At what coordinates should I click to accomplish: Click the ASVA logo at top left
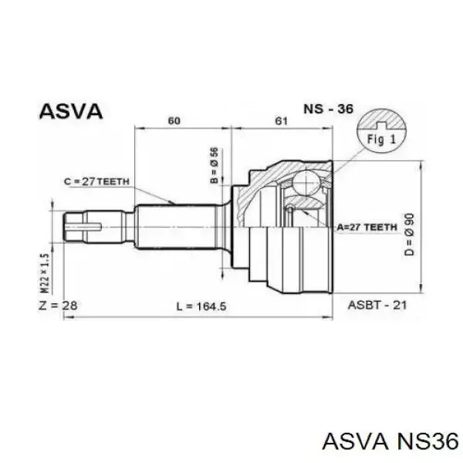[71, 112]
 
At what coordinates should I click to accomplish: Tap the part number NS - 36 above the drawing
[329, 110]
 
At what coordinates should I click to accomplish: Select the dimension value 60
[174, 121]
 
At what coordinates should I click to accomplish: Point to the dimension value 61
[281, 121]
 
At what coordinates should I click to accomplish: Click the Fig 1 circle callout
[381, 131]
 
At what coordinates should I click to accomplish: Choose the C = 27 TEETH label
[97, 181]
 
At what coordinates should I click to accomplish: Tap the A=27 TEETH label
[367, 227]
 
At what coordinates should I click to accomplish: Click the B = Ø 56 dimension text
[215, 165]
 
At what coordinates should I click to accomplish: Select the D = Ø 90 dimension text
[409, 235]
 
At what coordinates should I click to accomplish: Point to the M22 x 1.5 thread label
[45, 273]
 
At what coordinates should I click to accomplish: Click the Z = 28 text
[58, 306]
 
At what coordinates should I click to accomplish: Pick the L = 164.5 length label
[201, 306]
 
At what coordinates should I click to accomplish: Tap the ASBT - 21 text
[377, 305]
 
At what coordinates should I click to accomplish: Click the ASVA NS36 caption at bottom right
[390, 442]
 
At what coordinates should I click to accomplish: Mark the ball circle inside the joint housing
[307, 182]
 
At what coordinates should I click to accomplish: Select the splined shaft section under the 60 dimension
[177, 227]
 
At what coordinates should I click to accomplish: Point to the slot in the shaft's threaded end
[84, 227]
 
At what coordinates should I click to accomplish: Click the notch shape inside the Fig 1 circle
[381, 126]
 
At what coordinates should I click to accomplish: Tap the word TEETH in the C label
[113, 181]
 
